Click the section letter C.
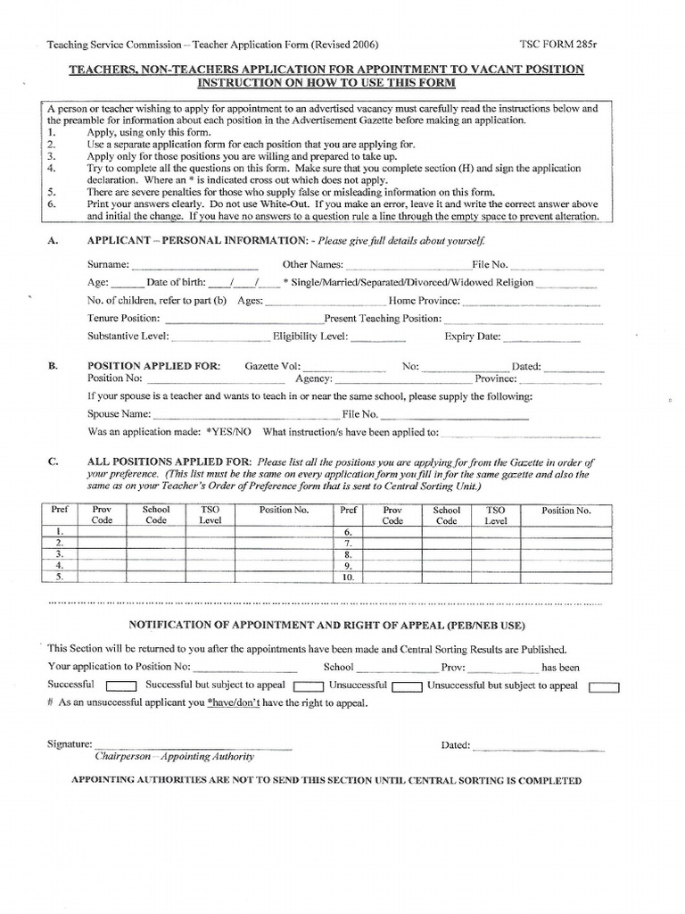point(53,461)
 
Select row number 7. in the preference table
point(349,542)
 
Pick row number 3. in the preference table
point(60,553)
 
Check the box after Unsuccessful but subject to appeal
point(605,687)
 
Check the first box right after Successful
point(120,687)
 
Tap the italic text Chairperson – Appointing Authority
point(174,756)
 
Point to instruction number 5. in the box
point(52,192)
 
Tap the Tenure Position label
point(124,318)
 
